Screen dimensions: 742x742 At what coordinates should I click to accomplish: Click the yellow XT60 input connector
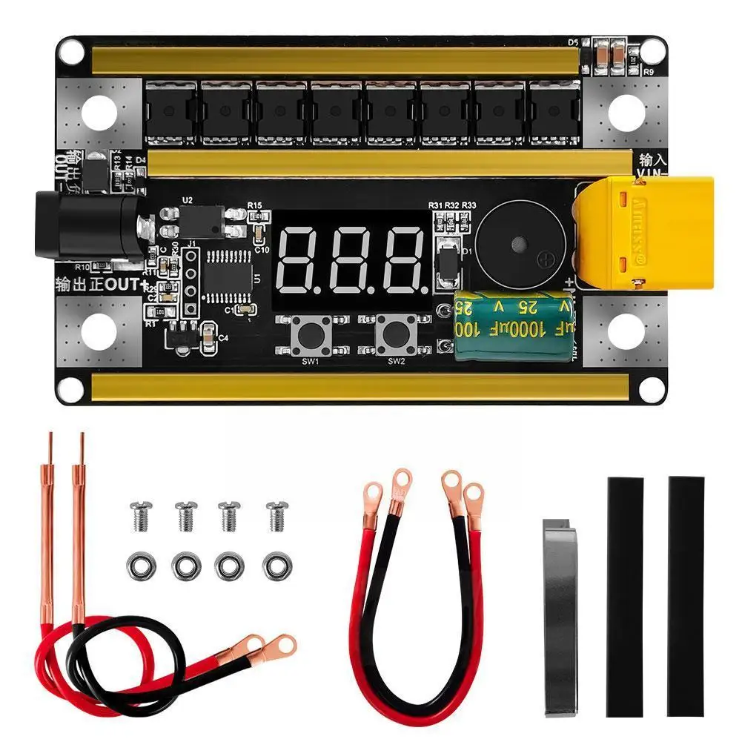643,233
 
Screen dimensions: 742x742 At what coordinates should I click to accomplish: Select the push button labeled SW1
309,336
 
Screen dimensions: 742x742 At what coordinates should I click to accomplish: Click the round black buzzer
524,240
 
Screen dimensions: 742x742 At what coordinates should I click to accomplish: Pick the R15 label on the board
255,205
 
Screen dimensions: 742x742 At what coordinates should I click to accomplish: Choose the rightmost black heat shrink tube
686,596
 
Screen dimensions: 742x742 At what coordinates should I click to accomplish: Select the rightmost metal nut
276,566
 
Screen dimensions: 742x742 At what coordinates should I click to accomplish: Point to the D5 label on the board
572,43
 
